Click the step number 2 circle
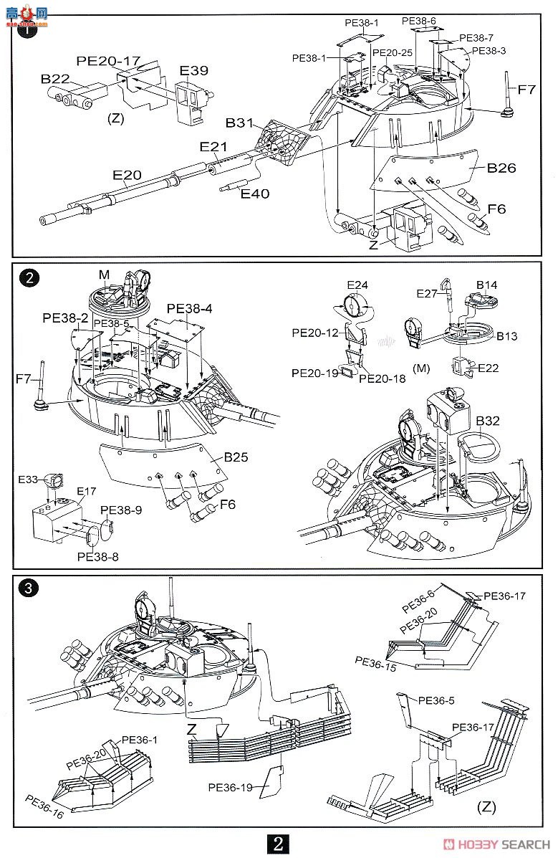29,277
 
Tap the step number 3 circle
29,588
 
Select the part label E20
127,175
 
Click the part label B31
240,123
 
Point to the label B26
501,168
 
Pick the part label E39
194,70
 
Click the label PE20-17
108,61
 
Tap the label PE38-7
476,38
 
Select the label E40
255,194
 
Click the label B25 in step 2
236,457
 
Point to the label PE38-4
189,309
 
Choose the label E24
357,285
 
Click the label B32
487,421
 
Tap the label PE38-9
121,510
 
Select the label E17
87,492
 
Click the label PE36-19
231,788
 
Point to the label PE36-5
436,701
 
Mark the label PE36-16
44,806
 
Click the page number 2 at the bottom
279,843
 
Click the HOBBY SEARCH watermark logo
496,844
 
